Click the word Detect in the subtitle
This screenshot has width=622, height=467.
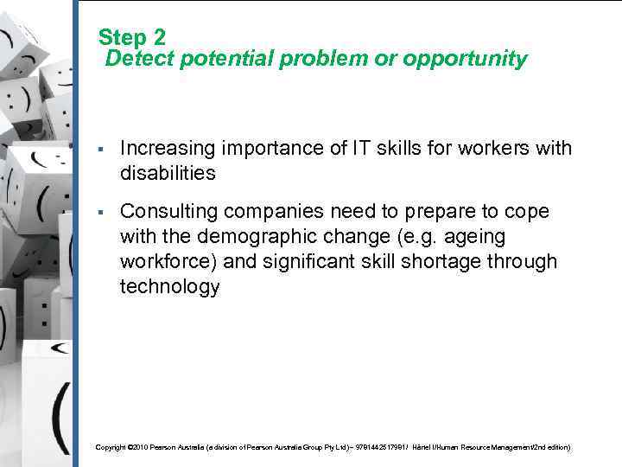click(x=137, y=60)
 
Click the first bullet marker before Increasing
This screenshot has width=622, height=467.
click(x=102, y=150)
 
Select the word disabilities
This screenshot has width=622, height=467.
click(x=168, y=174)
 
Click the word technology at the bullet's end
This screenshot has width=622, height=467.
click(x=169, y=287)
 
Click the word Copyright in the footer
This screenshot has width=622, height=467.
click(x=110, y=447)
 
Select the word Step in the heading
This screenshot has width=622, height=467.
click(x=122, y=37)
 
